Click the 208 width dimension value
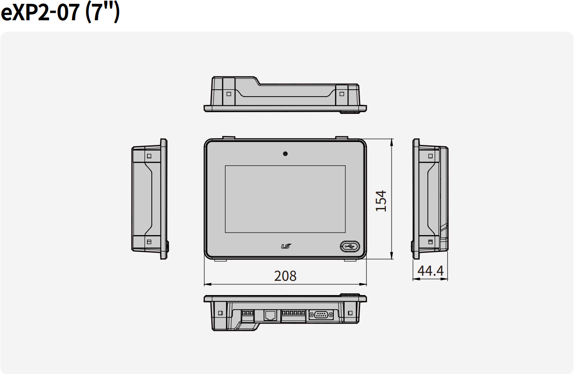coord(285,276)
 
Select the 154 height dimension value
coord(381,201)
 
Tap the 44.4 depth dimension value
coord(430,271)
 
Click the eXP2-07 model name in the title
coord(41,13)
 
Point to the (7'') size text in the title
coord(102,13)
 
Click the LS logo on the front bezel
coord(286,246)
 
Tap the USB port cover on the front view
coord(349,246)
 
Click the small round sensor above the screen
coord(285,154)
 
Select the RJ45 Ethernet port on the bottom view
coord(270,315)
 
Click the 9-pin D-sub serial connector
coord(321,315)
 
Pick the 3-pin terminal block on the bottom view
coord(248,313)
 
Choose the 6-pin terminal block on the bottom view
coord(294,313)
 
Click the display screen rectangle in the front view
coord(285,199)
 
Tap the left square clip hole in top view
coord(229,94)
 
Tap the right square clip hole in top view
coord(342,94)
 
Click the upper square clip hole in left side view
coord(149,156)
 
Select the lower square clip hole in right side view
coord(430,242)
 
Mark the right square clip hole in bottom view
coord(350,313)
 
